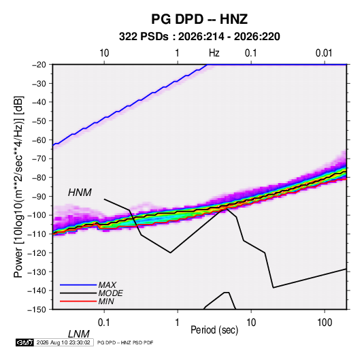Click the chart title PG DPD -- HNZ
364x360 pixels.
pyautogui.click(x=199, y=19)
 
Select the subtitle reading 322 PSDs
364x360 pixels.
pyautogui.click(x=144, y=37)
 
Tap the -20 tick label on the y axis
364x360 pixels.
pyautogui.click(x=39, y=65)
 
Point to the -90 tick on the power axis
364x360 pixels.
pyautogui.click(x=39, y=197)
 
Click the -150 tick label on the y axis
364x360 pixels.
pyautogui.click(x=37, y=310)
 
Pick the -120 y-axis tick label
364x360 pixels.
pyautogui.click(x=37, y=253)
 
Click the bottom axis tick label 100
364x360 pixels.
pyautogui.click(x=325, y=323)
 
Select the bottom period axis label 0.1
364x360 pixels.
pyautogui.click(x=104, y=323)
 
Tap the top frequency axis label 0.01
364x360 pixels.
pyautogui.click(x=324, y=53)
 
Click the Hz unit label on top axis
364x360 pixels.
pyautogui.click(x=214, y=53)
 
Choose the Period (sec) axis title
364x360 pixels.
pyautogui.click(x=214, y=330)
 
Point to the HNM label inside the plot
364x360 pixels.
pyautogui.click(x=80, y=193)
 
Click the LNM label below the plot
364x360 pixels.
pyautogui.click(x=78, y=334)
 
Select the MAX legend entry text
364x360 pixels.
pyautogui.click(x=107, y=285)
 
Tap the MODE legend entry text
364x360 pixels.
pyautogui.click(x=110, y=293)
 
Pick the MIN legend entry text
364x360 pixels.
pyautogui.click(x=106, y=301)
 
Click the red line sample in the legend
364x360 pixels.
pyautogui.click(x=78, y=301)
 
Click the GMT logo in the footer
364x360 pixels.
pyautogui.click(x=25, y=342)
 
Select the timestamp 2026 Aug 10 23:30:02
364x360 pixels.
pyautogui.click(x=63, y=342)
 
